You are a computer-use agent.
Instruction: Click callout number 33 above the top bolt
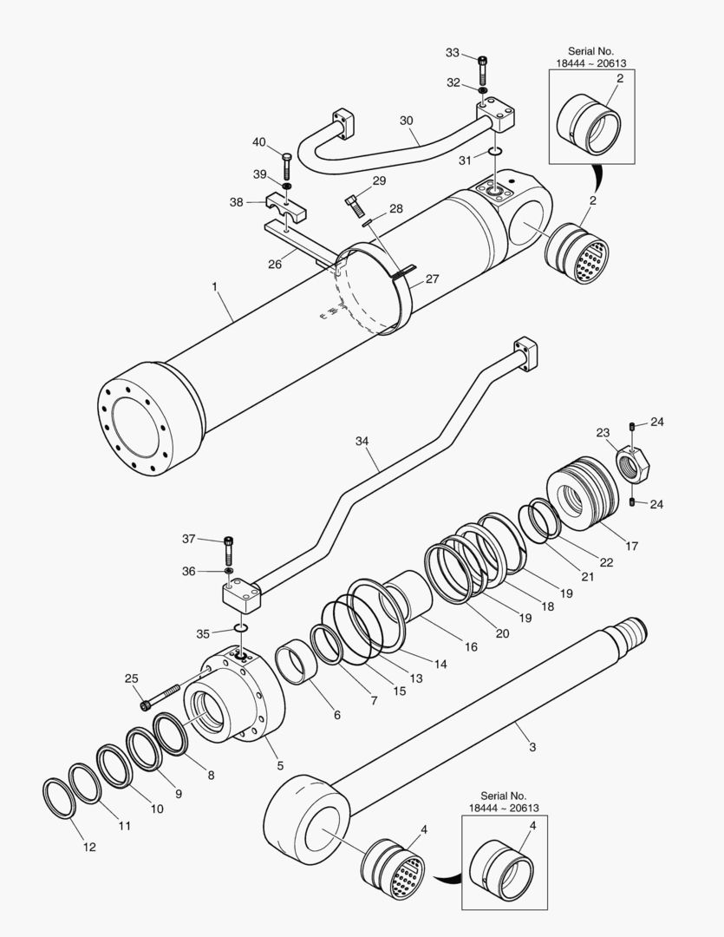pos(453,53)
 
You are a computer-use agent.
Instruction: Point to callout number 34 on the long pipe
pos(362,442)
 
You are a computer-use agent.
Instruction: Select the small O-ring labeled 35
pos(242,628)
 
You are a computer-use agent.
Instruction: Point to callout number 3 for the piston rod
pos(532,747)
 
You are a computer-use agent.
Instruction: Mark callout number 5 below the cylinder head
pos(280,765)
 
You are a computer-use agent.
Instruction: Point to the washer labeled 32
pos(482,89)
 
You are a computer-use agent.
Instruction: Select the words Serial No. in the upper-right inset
pos(590,51)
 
